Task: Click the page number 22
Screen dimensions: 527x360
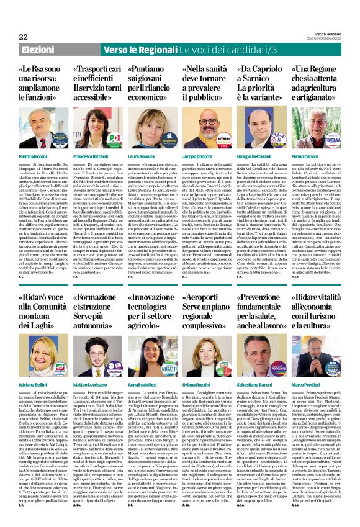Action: tap(24, 37)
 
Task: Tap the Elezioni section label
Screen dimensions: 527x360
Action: tap(38, 50)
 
